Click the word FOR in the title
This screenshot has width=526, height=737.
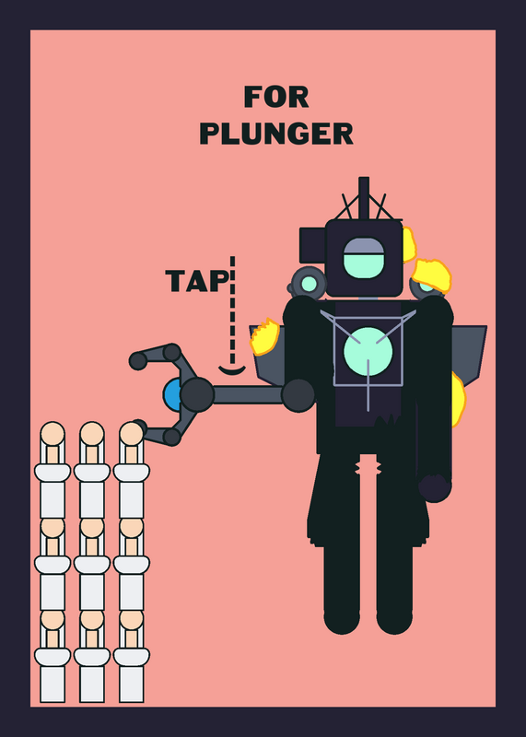(276, 97)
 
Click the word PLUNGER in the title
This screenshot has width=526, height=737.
(276, 134)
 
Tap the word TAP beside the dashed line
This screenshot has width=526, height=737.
(197, 281)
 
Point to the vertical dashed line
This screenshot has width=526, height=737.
(232, 310)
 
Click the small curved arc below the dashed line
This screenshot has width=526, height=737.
(232, 371)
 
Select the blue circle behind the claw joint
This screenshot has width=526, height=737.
(171, 395)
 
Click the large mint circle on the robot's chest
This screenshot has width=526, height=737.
(368, 352)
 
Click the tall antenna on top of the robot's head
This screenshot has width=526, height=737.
(363, 198)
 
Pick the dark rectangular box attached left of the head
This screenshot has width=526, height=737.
(312, 245)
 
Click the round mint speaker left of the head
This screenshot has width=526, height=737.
(309, 284)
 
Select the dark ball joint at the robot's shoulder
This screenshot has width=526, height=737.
(298, 396)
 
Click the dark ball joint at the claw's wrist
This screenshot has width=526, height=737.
(197, 395)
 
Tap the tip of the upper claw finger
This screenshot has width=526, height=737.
(138, 361)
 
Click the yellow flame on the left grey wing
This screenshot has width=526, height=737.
(265, 336)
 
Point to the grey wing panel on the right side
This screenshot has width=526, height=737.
(469, 354)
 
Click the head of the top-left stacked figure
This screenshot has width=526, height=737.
(53, 434)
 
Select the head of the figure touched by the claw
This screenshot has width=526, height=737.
(131, 434)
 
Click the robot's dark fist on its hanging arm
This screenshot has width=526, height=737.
(435, 488)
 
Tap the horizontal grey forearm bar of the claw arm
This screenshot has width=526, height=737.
(248, 395)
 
